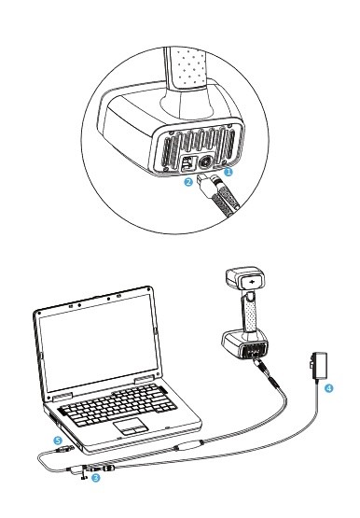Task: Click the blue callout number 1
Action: [228, 172]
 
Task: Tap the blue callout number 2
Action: [188, 182]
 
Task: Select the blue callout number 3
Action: [96, 477]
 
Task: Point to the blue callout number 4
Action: [329, 388]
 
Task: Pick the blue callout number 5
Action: [58, 441]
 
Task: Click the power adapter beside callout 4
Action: [318, 366]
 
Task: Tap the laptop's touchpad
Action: [131, 427]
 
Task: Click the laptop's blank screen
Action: [98, 343]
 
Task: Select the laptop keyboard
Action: [118, 405]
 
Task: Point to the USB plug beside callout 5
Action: [65, 449]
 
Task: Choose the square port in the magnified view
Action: [187, 162]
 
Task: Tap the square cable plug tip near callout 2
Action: [201, 180]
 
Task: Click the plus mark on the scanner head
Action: [253, 282]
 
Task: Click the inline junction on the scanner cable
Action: [188, 445]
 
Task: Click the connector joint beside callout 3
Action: [99, 468]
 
